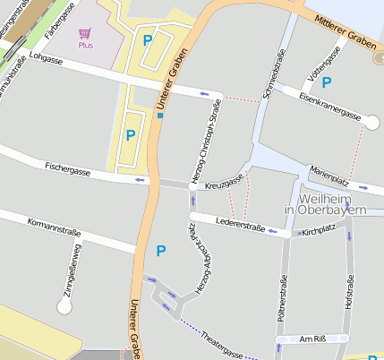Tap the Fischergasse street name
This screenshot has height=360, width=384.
tap(68, 167)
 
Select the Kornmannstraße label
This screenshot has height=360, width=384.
tap(55, 227)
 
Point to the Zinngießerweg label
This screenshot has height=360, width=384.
tap(72, 268)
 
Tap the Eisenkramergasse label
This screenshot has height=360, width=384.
tap(329, 104)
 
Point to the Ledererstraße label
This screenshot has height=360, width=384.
tap(241, 224)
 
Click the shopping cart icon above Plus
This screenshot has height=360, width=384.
tap(86, 33)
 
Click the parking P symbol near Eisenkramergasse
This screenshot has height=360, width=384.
tap(327, 81)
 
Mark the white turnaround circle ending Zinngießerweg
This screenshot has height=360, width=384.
tap(64, 307)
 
